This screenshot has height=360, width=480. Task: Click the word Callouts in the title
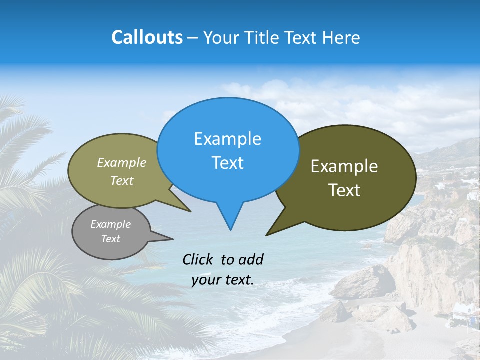pyautogui.click(x=147, y=37)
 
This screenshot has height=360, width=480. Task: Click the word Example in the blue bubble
pyautogui.click(x=227, y=139)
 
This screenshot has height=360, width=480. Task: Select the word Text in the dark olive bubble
pyautogui.click(x=344, y=190)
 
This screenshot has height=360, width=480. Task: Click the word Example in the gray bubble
pyautogui.click(x=110, y=224)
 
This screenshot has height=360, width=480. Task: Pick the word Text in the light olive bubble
pyautogui.click(x=122, y=180)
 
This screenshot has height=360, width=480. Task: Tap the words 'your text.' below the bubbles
pyautogui.click(x=223, y=280)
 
